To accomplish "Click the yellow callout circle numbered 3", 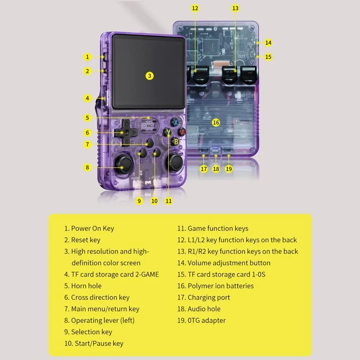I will click(x=150, y=76).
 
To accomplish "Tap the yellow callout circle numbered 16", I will click(x=216, y=123).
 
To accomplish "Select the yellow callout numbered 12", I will click(x=195, y=8).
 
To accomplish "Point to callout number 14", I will click(x=268, y=42).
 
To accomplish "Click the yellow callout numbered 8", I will click(x=87, y=167).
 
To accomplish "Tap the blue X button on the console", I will click(x=175, y=122).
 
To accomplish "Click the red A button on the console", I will click(x=183, y=132).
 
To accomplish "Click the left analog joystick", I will click(x=123, y=164).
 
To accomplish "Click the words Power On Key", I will click(x=93, y=228).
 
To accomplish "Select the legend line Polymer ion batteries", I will click(x=220, y=286).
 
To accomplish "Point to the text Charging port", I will click(x=208, y=297).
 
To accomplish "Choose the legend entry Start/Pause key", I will click(x=99, y=343).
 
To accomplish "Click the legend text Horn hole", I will click(x=86, y=286).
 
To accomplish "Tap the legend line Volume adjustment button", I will click(x=229, y=263).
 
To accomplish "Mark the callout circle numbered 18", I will click(x=216, y=168).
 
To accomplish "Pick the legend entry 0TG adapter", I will click(x=206, y=320).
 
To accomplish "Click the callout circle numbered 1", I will click(x=87, y=57).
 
